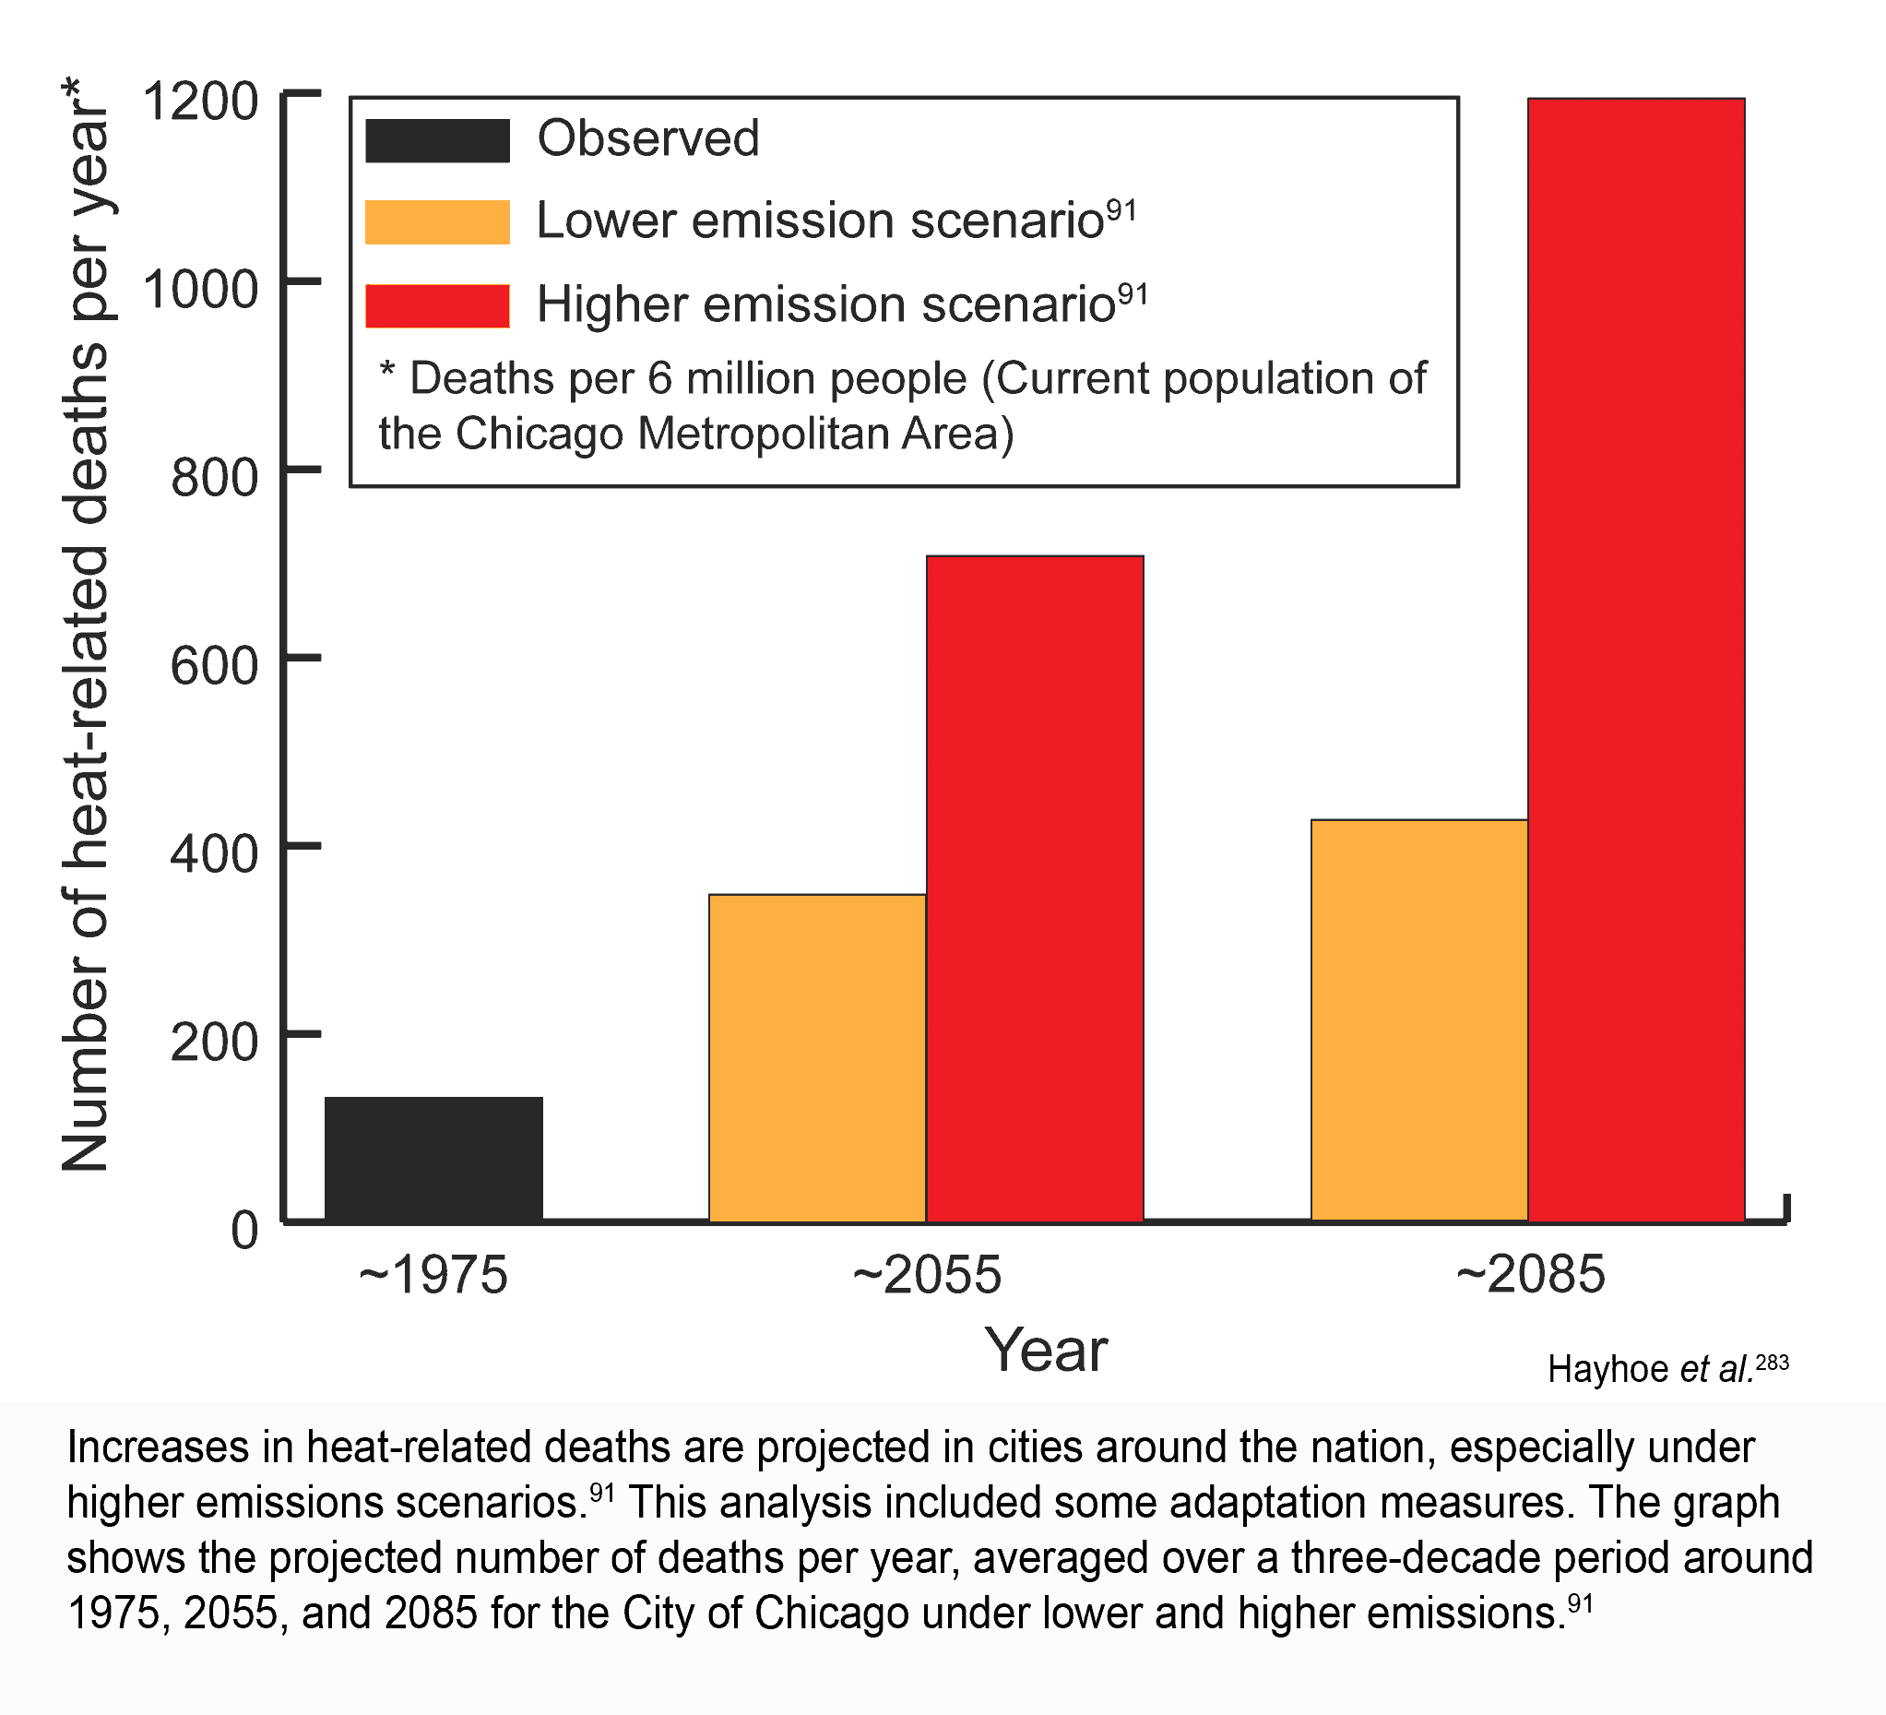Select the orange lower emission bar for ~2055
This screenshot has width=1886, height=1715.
(817, 1057)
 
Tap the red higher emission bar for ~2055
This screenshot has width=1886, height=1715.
(1035, 888)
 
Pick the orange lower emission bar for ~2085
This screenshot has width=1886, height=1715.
(1418, 1019)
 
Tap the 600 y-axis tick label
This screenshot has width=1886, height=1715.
(213, 666)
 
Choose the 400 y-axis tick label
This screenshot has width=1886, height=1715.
(213, 853)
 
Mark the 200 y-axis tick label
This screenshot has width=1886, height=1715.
(213, 1042)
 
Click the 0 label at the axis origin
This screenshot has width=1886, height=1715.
(244, 1231)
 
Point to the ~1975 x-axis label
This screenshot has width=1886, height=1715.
(433, 1275)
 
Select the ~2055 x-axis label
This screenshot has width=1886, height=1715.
(926, 1275)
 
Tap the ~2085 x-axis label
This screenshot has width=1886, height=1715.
(1530, 1275)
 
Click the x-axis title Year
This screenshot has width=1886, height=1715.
(1045, 1351)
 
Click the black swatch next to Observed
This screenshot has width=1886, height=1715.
(437, 140)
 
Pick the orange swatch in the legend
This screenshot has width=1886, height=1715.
(437, 221)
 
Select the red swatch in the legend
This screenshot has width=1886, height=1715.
(437, 306)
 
